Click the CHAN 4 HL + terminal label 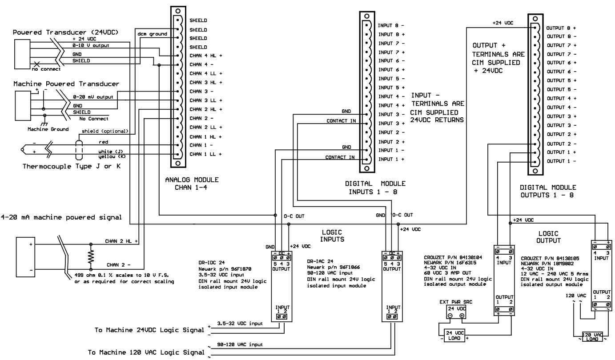tap(205, 56)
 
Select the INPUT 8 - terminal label tap(391, 25)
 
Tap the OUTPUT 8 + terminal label tap(561, 28)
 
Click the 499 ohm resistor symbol tap(91, 256)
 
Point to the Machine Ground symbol tap(43, 124)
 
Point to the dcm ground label tap(153, 34)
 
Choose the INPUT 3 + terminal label tap(391, 123)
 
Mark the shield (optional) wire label tap(105, 131)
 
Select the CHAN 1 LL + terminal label tap(205, 154)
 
